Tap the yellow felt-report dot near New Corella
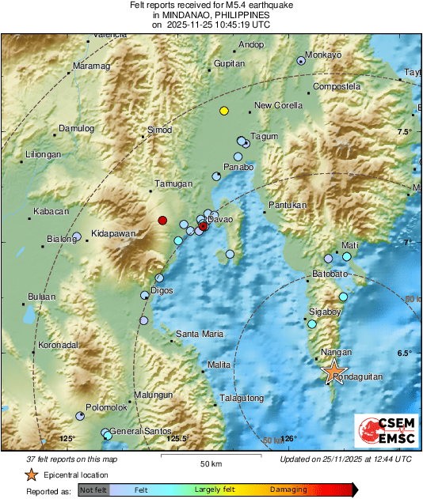coord(224,112)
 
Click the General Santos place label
coord(140,430)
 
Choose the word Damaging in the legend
coord(288,490)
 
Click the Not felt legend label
coord(93,490)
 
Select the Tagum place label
coord(265,137)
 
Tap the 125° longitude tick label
coord(67,439)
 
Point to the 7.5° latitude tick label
coord(406,131)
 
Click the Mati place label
coord(349,246)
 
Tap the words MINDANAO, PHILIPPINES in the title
coord(211,15)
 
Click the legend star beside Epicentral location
coord(31,474)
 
